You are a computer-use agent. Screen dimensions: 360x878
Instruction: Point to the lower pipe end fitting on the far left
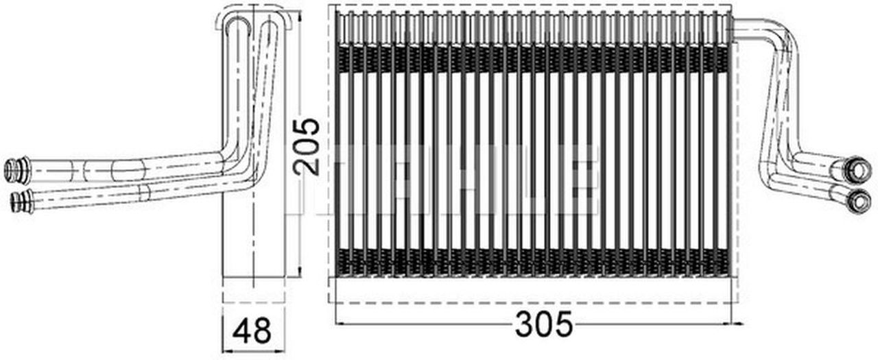[x=21, y=201]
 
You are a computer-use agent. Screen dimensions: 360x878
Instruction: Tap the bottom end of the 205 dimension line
[x=300, y=278]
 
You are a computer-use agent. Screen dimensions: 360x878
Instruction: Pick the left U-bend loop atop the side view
[x=237, y=27]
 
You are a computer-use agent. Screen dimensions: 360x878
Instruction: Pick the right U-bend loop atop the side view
[x=270, y=27]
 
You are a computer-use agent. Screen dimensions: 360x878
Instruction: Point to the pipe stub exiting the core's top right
[x=751, y=28]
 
